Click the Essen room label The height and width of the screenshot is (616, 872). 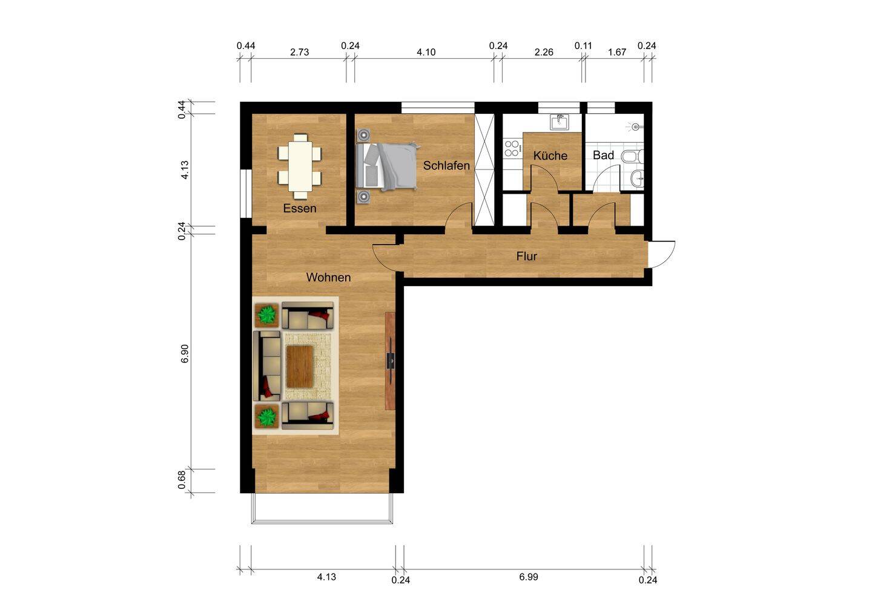coord(300,208)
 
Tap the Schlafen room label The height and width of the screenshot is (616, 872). coord(446,165)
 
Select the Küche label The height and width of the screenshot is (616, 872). coord(550,156)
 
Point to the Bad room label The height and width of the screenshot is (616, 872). coord(603,155)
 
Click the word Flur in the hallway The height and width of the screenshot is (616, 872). coord(527,256)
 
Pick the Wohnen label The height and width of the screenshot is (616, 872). coord(328,277)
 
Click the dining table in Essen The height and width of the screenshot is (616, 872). coord(300,166)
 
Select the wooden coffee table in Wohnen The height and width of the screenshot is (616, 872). coord(299,365)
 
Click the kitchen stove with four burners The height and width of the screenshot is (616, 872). coord(512,148)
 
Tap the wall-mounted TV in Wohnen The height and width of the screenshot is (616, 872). coord(391,361)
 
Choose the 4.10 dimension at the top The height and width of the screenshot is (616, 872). coord(426,52)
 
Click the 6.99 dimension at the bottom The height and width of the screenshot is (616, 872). coord(528,577)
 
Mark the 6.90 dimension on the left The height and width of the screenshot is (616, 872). coord(185,354)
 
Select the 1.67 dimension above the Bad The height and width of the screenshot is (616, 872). coord(616,52)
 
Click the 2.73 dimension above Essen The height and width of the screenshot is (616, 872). coord(299,52)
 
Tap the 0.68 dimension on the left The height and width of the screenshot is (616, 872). coord(182,480)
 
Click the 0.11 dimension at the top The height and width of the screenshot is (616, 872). coord(583,45)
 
